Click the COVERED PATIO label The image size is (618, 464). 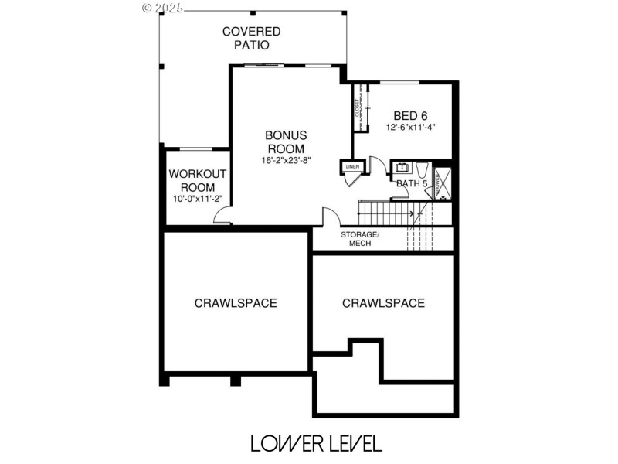click(251, 38)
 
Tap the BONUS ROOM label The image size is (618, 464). click(286, 142)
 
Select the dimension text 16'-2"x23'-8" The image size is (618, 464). click(286, 161)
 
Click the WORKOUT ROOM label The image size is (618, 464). click(198, 180)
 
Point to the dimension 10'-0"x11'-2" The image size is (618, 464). click(198, 199)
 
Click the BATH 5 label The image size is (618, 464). click(412, 183)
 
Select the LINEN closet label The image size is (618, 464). click(351, 166)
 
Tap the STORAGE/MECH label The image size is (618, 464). click(360, 238)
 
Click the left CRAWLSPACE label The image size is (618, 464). click(236, 303)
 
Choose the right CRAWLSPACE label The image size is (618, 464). click(383, 303)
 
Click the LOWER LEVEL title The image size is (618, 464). click(315, 443)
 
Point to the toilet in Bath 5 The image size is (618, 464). click(422, 169)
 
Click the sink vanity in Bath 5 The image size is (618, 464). click(402, 167)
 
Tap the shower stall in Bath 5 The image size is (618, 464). click(441, 183)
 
